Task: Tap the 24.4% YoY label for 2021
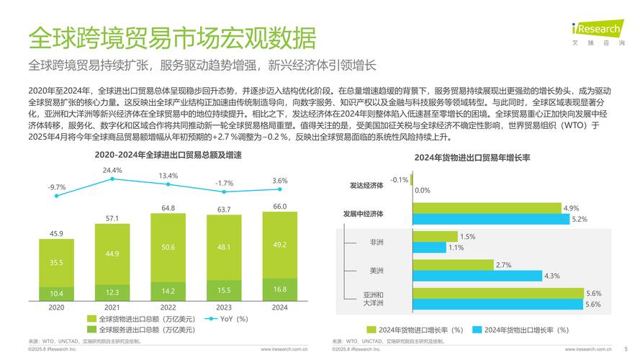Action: tap(112, 171)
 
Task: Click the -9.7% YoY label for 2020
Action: tap(56, 187)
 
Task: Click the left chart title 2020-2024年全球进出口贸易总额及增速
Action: tap(168, 155)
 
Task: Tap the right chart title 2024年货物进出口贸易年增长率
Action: tap(472, 158)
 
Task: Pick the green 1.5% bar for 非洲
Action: tap(435, 236)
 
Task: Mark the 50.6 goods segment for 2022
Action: tap(168, 247)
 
